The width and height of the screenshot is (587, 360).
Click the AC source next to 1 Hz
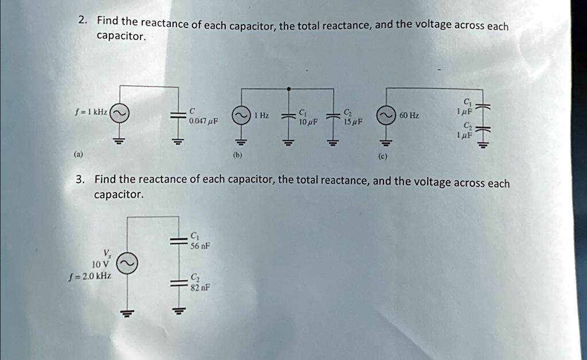click(240, 116)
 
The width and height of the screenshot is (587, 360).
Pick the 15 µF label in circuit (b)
click(351, 122)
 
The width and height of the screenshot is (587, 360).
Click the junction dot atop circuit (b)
click(288, 89)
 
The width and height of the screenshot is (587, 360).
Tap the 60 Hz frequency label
click(409, 116)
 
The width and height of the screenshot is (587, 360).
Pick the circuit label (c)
click(384, 156)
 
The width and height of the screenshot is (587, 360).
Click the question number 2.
click(83, 20)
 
